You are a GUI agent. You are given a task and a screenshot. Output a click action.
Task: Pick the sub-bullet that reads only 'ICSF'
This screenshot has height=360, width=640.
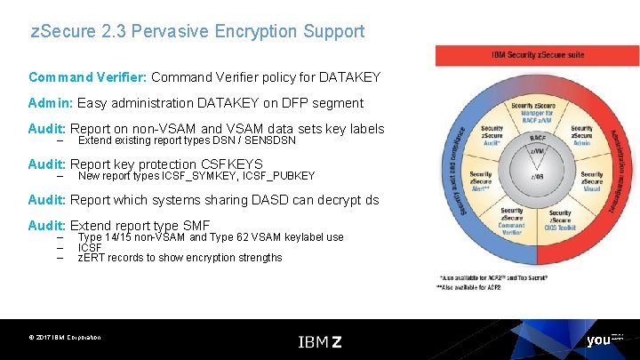coord(89,247)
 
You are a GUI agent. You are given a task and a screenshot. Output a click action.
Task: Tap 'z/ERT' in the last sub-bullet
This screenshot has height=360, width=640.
coord(92,258)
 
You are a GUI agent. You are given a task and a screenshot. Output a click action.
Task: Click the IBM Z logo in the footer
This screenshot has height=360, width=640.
coord(320,341)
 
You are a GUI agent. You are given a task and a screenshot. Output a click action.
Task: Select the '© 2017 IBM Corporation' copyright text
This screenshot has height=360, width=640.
coord(64,338)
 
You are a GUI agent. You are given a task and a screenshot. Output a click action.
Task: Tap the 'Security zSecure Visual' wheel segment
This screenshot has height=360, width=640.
coord(592,180)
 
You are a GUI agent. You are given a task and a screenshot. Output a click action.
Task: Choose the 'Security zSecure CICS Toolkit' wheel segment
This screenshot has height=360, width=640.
coord(561,220)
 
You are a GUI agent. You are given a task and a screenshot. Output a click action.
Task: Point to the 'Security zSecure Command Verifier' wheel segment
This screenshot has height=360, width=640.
coord(511,220)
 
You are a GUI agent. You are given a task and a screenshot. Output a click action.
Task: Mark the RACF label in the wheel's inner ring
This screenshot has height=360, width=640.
coord(536,139)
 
